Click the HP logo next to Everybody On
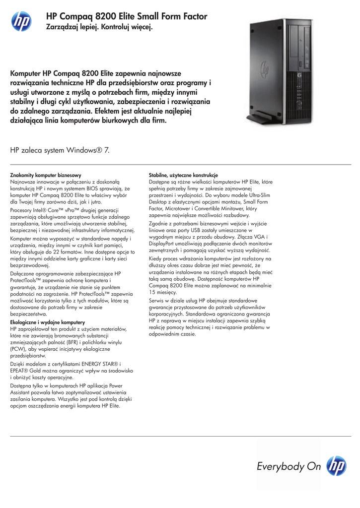pos(336,466)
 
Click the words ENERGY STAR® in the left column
pos(101,364)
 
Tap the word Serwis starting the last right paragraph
pos(158,301)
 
